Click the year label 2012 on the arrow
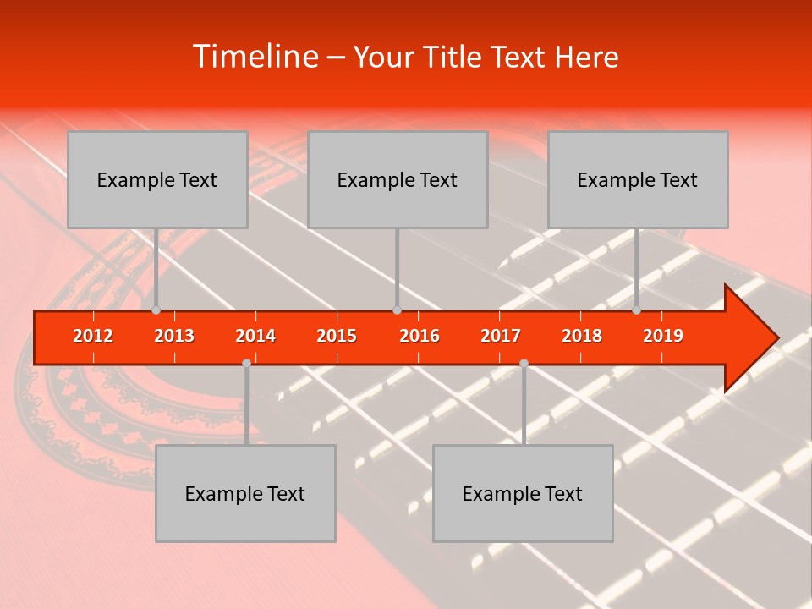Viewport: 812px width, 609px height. click(x=93, y=336)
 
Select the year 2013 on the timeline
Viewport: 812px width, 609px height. click(x=174, y=336)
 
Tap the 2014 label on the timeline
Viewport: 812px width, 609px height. click(x=255, y=336)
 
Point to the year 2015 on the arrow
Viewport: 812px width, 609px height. click(x=337, y=336)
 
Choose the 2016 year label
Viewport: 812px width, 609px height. click(x=420, y=336)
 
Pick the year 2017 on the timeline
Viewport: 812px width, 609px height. click(x=501, y=336)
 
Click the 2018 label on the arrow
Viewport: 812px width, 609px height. click(x=582, y=336)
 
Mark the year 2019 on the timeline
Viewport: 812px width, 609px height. click(x=663, y=336)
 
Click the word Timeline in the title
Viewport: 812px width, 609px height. click(x=254, y=57)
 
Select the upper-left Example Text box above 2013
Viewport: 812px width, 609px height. click(x=157, y=179)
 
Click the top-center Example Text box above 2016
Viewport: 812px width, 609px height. click(x=398, y=179)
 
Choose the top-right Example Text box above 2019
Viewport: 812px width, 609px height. click(x=638, y=179)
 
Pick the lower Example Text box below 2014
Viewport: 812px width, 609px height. click(x=245, y=493)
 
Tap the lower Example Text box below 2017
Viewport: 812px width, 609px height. click(x=523, y=493)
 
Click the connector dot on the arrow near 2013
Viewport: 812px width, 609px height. click(x=156, y=310)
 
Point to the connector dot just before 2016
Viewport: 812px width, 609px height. click(x=397, y=310)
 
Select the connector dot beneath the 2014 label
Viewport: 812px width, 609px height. click(x=246, y=363)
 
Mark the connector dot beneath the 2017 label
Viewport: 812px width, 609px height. click(x=524, y=363)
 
